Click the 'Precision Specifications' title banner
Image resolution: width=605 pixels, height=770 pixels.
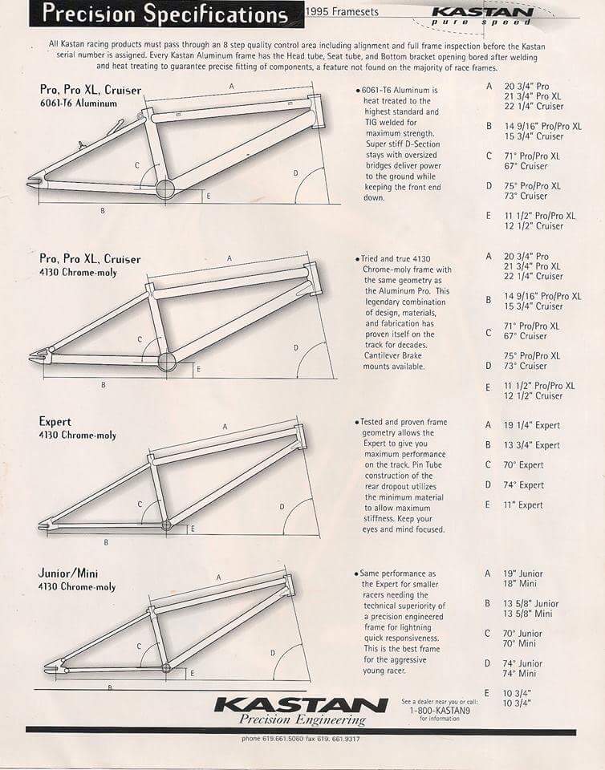point(164,14)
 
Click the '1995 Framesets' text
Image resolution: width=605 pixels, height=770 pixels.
point(343,12)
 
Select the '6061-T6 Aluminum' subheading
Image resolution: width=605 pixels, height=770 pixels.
point(78,103)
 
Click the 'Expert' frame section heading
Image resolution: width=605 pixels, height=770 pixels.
point(55,421)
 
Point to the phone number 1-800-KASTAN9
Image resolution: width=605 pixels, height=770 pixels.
point(440,710)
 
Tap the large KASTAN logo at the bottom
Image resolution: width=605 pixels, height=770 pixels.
point(302,704)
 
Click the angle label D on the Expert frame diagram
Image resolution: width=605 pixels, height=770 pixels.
point(282,506)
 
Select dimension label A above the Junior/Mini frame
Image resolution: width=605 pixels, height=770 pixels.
point(218,577)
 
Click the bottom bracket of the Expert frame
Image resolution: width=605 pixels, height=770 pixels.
point(167,525)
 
